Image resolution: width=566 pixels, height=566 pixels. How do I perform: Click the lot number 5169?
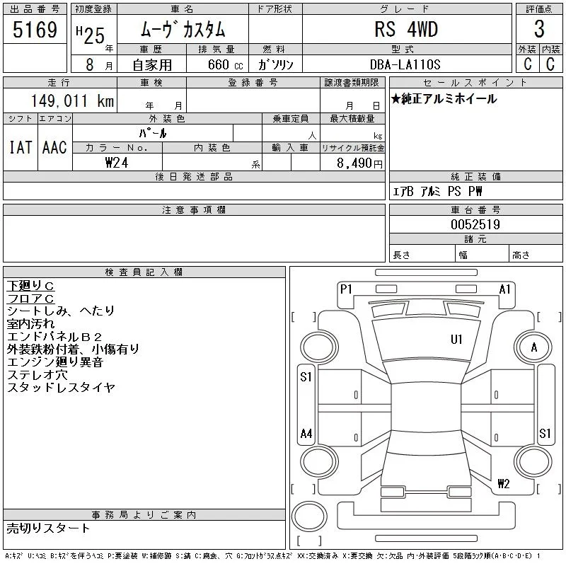(x=35, y=30)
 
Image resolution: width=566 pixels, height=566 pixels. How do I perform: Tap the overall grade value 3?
(x=539, y=29)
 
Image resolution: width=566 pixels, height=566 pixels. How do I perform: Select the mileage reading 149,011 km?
(x=72, y=101)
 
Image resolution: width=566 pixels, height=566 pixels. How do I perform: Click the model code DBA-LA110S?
(x=405, y=64)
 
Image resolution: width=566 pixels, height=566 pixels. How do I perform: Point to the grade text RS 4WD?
(x=406, y=29)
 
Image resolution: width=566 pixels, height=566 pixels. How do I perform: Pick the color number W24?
(x=117, y=163)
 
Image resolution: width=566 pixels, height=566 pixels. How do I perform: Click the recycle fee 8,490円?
(x=359, y=163)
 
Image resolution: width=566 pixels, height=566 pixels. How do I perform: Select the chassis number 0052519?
(x=475, y=224)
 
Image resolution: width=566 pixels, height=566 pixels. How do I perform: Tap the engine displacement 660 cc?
(x=225, y=64)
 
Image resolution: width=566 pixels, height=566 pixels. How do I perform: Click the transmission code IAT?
(x=21, y=148)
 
